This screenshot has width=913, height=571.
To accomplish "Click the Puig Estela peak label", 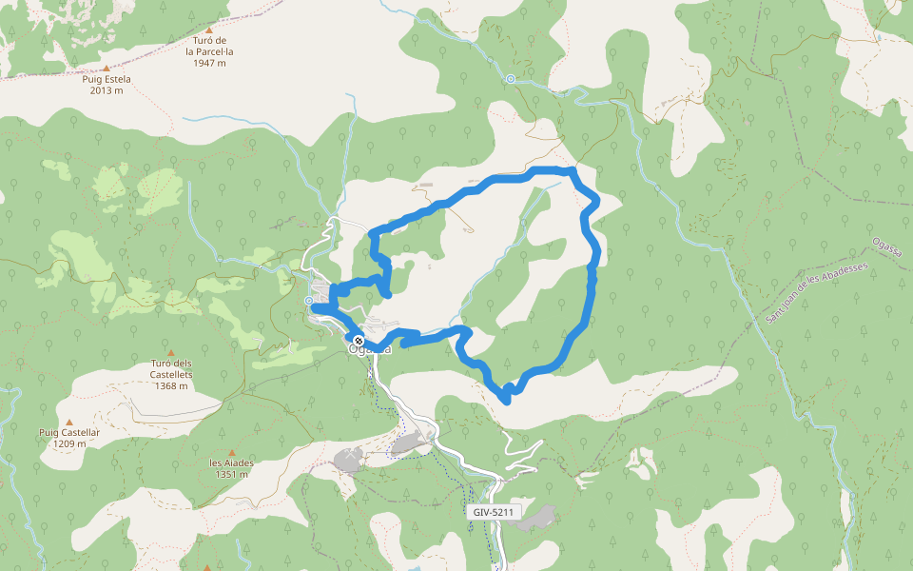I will coord(106,79).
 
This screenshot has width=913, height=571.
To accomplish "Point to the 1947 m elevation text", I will coord(208,63).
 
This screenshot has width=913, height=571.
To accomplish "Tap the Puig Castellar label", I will coord(68,432).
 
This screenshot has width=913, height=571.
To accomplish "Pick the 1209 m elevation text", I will coord(68,443).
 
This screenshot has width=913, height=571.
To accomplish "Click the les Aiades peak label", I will coord(231,463).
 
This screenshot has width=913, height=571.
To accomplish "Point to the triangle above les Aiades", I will coord(231,452).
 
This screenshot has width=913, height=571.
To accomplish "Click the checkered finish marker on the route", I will coord(359,341).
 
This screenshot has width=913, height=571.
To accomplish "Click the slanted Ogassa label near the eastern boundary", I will coord(885,251).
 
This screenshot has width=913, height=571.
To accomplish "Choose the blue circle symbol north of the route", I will coord(511,79).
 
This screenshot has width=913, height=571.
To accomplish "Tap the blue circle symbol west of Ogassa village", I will coord(309,302).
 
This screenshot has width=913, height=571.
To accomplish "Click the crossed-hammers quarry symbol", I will coord(351,458).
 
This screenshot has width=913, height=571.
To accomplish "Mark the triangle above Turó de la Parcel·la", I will coord(208,29).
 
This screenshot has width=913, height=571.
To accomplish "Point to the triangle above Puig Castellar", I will coord(68,422).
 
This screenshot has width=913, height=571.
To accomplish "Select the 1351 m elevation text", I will coord(231,474).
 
